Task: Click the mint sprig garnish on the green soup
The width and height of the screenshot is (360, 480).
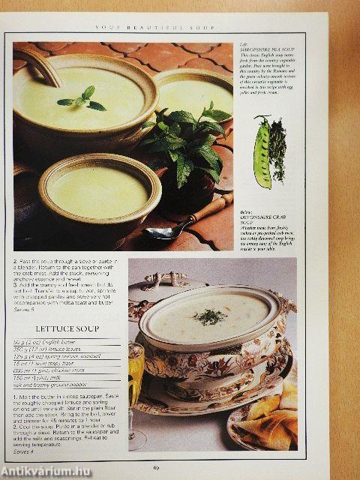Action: [x=82, y=99]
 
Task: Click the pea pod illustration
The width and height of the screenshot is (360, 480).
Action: [x=262, y=151]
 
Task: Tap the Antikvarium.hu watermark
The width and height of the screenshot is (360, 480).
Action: [x=45, y=471]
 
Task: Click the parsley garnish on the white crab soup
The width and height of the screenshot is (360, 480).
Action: [x=210, y=316]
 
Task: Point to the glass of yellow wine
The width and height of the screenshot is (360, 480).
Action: [x=136, y=375]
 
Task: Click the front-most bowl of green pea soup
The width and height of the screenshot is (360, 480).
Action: [x=97, y=193]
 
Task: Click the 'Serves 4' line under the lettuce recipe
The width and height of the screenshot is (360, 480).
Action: [x=24, y=452]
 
